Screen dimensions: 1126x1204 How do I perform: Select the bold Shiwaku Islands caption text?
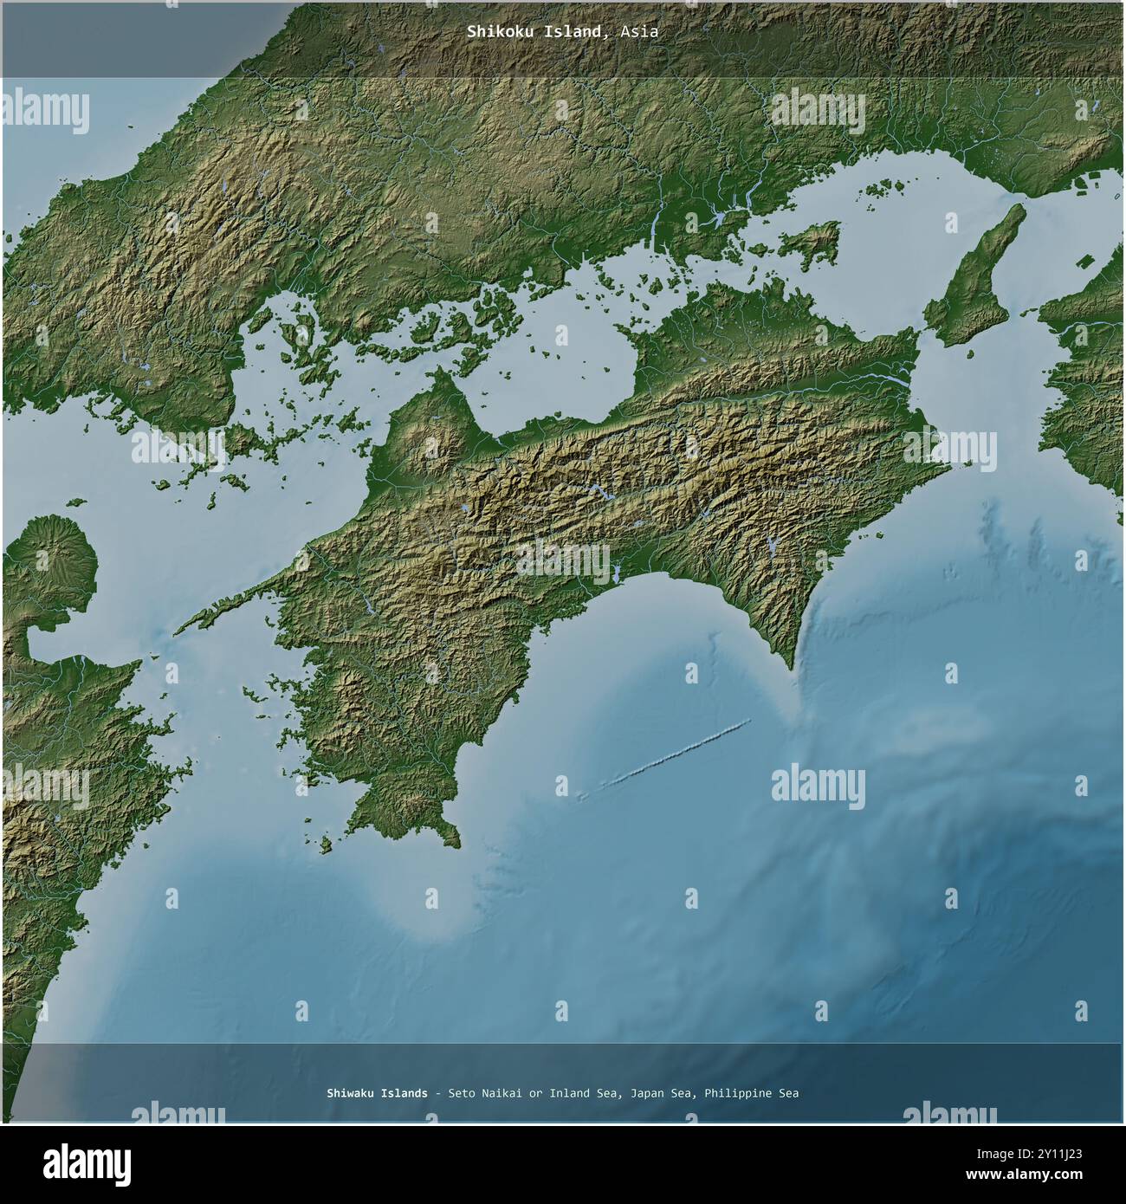[377, 1093]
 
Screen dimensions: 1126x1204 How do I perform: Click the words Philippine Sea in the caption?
[751, 1093]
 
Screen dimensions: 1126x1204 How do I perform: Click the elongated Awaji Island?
[974, 273]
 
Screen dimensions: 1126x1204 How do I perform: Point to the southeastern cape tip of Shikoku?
[790, 668]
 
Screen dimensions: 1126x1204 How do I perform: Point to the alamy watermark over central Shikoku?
[563, 560]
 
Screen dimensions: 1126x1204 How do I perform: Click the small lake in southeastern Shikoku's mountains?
[771, 546]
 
